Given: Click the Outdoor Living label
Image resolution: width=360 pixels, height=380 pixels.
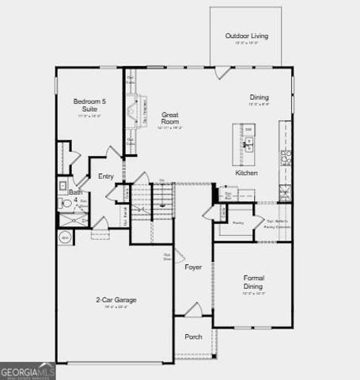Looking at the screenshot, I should point(245,36).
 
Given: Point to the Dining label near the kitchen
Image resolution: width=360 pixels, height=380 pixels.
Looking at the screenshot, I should point(260,97).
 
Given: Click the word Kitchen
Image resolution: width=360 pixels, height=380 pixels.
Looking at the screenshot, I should point(246,173).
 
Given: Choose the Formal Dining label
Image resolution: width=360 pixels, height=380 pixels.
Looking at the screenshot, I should point(254,283).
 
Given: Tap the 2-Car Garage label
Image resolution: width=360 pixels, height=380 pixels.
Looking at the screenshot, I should point(116,300).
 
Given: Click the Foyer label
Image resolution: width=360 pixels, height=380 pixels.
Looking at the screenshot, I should point(193,268).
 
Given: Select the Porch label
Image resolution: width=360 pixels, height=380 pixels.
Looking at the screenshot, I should point(193,336).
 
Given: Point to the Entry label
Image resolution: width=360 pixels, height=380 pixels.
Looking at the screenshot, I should point(106,177).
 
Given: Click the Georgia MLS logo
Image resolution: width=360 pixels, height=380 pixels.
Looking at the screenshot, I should point(28,370).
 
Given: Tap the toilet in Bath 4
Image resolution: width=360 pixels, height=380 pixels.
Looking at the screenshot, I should point(66,203).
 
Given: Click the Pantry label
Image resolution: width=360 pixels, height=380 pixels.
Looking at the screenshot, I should point(237,224).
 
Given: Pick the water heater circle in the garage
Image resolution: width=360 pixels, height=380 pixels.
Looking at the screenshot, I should point(65,237).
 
